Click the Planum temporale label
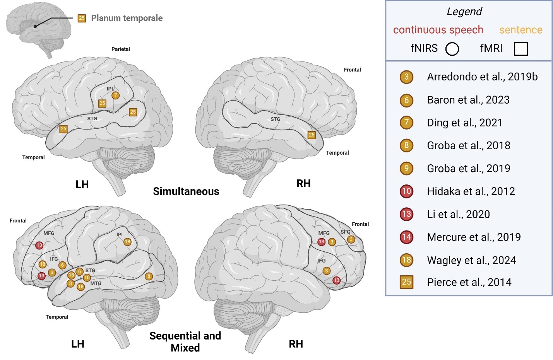tap(127, 18)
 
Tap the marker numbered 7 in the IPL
tap(115, 95)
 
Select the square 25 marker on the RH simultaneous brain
tap(312, 135)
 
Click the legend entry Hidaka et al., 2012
tap(471, 191)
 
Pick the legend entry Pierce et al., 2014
tap(469, 282)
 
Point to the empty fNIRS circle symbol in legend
tap(452, 49)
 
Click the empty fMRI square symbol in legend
tap(520, 49)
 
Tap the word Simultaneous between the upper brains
tap(186, 191)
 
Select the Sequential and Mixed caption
tap(185, 341)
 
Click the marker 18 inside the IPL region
tap(127, 242)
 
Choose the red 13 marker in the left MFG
tap(39, 245)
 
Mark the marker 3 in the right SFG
tap(351, 239)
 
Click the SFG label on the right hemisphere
tap(345, 232)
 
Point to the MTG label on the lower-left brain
tap(96, 283)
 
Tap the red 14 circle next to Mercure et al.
tap(406, 237)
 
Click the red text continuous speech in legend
tap(438, 30)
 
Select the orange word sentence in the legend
tap(520, 30)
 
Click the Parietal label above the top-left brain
tap(121, 49)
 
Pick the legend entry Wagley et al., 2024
tap(471, 260)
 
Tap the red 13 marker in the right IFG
tap(336, 280)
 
